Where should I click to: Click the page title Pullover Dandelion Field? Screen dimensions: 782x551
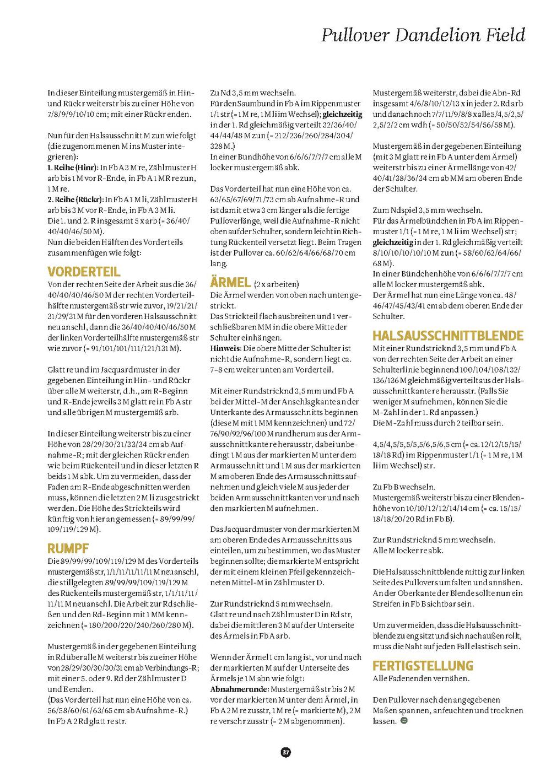[x=423, y=35]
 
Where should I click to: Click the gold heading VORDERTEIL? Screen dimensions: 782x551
[x=84, y=272]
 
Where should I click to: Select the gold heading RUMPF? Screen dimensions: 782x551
[x=68, y=548]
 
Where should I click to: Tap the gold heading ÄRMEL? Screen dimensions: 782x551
[x=230, y=282]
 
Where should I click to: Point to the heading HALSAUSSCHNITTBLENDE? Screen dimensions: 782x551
[x=448, y=335]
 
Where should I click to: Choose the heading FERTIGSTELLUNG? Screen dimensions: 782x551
[x=423, y=665]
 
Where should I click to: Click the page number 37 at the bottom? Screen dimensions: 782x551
[x=285, y=752]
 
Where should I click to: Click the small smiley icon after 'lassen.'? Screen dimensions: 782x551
[x=404, y=720]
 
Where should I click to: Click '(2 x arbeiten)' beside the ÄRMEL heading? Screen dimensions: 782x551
[x=277, y=284]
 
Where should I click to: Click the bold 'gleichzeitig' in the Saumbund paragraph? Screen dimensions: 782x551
[x=342, y=114]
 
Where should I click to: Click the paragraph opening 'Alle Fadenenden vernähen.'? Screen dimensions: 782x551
[x=421, y=678]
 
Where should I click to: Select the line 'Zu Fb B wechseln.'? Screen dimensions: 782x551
[x=404, y=487]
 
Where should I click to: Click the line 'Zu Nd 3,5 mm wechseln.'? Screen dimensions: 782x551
[x=253, y=93]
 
